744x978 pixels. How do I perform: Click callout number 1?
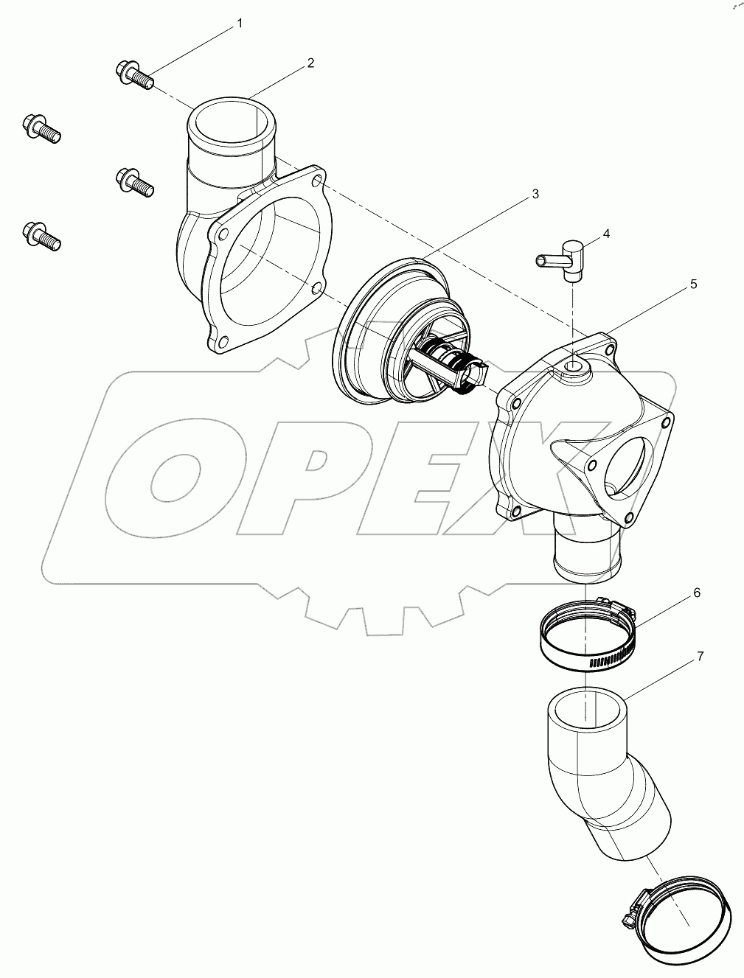tap(238, 24)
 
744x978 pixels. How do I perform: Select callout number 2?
tap(310, 63)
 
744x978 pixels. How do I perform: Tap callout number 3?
tap(535, 194)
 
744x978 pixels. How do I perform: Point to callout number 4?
tap(605, 234)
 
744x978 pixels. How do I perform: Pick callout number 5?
tap(692, 284)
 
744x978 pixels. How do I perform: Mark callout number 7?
tap(700, 654)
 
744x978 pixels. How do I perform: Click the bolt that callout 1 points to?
tap(133, 74)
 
